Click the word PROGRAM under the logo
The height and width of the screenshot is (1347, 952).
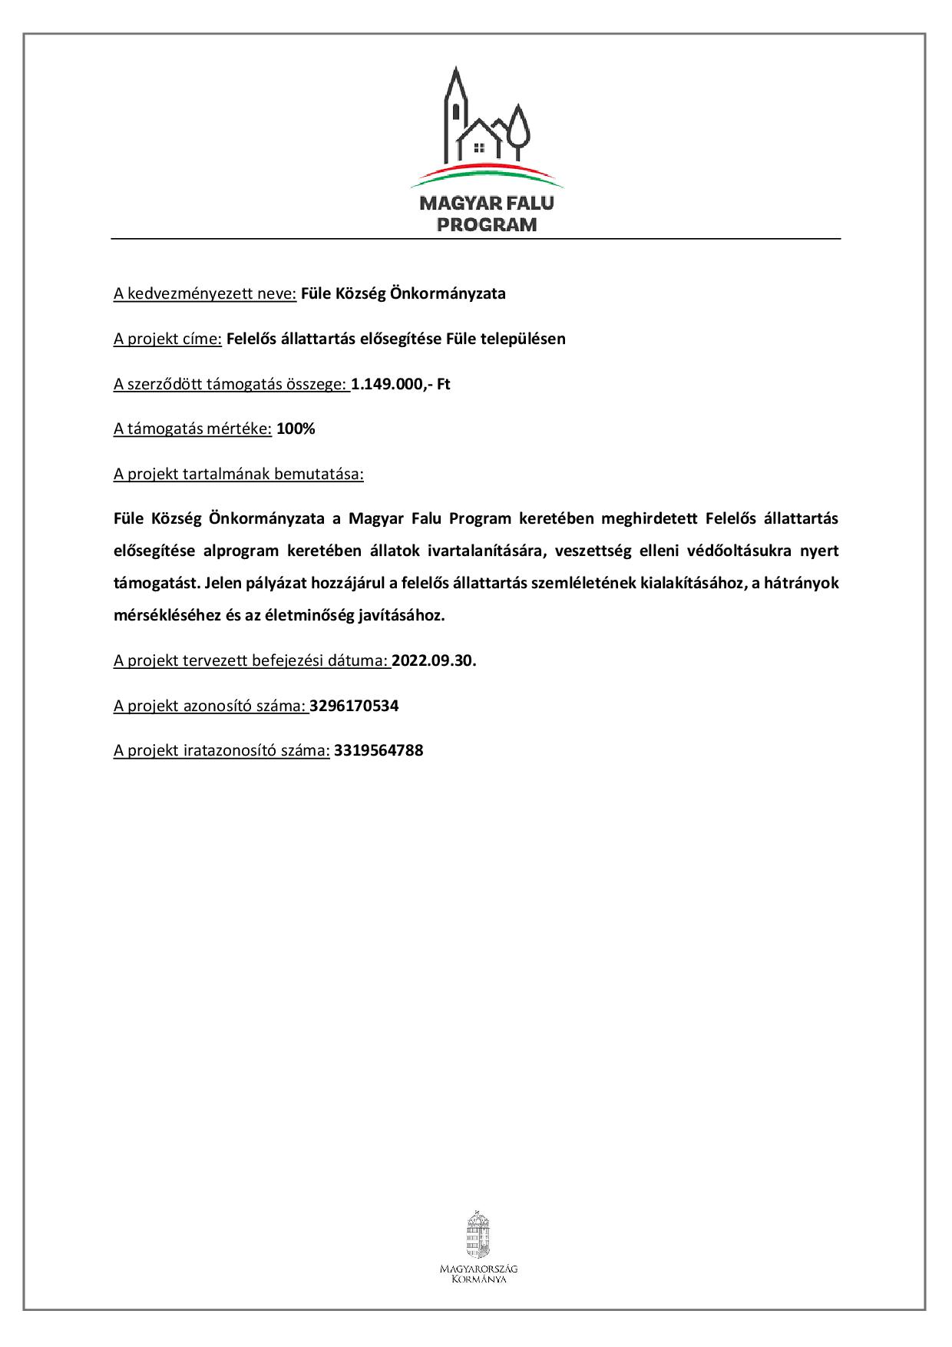click(487, 225)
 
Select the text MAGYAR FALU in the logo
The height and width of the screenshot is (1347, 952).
click(487, 204)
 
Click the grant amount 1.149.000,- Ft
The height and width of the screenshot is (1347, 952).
click(401, 384)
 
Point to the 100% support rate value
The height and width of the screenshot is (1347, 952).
click(296, 429)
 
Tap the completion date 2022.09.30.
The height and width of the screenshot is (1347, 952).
click(434, 661)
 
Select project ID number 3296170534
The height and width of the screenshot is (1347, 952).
click(354, 706)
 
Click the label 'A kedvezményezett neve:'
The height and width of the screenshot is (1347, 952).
click(205, 294)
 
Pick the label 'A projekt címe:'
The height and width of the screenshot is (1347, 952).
click(167, 339)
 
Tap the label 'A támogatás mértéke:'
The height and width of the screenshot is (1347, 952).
click(193, 429)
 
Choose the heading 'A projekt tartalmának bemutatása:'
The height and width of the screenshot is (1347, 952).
click(238, 475)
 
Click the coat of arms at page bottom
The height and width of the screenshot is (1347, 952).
click(478, 1236)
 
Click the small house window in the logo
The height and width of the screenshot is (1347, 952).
click(479, 146)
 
